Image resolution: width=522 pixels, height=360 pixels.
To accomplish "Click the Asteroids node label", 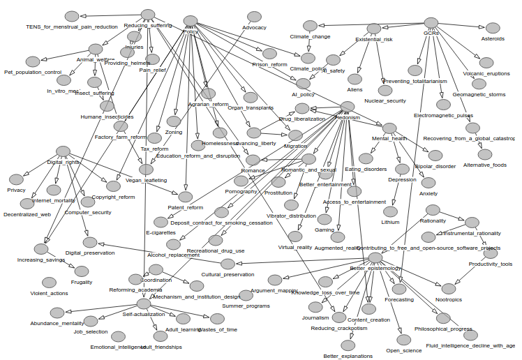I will point(493,38).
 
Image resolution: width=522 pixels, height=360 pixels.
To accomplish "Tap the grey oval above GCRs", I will point(431,23).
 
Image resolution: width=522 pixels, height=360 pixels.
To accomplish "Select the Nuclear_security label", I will point(385,100).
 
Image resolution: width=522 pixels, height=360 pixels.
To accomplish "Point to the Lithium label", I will point(391,222).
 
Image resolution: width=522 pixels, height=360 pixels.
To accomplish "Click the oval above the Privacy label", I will point(16,179).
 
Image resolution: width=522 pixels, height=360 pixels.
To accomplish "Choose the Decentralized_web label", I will point(27,214).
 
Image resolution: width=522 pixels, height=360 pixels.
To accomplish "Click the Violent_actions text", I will point(49,293).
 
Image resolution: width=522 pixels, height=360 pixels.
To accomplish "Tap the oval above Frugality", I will point(82,271).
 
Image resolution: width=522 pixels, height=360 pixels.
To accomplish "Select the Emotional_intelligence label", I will point(118,347).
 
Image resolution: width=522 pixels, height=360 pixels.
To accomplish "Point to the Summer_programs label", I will point(246,306).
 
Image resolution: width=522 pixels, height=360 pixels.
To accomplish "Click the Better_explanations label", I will point(348,356).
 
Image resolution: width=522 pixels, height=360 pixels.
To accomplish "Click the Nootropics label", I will point(449,299).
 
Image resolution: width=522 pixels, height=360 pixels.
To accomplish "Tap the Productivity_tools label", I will point(490,264).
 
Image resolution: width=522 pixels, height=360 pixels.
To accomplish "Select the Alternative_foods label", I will point(485,165).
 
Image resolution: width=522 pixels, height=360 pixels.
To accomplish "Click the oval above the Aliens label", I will point(355,79).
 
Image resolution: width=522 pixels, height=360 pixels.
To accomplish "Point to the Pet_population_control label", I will point(33,72).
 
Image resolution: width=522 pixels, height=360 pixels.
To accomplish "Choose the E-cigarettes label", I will point(161,232).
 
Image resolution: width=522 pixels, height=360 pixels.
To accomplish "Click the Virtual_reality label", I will point(295,247).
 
